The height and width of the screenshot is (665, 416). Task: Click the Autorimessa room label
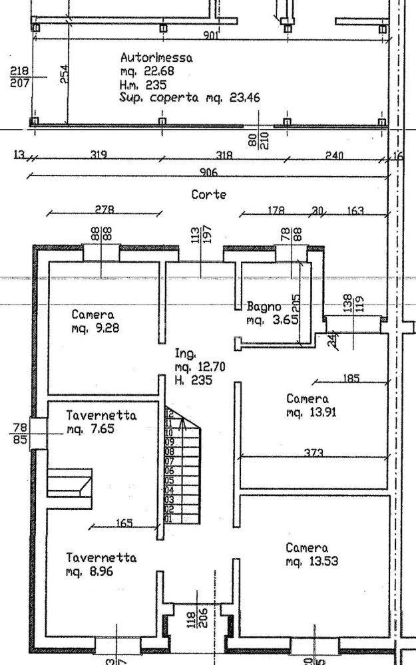(156, 58)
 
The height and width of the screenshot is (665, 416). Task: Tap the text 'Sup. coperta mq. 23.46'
(190, 98)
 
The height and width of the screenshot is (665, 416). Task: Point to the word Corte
(209, 195)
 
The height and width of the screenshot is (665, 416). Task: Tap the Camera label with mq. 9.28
(93, 315)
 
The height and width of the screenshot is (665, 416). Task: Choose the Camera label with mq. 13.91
(307, 399)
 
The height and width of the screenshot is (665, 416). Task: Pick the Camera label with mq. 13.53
(307, 548)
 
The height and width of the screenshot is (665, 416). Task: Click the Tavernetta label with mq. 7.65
(101, 416)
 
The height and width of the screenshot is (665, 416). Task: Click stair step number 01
(168, 519)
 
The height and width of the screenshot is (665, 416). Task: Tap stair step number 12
(168, 413)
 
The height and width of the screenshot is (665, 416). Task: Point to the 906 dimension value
(209, 172)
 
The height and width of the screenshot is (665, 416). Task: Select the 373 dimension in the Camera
(313, 453)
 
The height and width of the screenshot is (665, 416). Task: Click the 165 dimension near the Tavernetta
(124, 523)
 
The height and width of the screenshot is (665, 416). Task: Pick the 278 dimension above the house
(104, 209)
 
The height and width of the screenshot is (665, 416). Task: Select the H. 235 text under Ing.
(193, 381)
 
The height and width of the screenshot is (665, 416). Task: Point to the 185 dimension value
(351, 378)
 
